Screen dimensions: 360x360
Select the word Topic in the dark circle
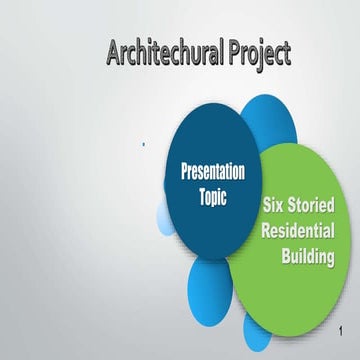point(212,196)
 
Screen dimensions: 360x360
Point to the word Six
point(276,205)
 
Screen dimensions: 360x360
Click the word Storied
point(319,205)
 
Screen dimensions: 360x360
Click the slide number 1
point(342,331)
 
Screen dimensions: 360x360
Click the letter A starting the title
point(112,52)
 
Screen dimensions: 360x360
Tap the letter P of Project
point(232,52)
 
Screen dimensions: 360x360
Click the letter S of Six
point(267,205)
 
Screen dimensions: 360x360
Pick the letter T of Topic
point(199,196)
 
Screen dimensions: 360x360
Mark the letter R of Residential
point(267,229)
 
